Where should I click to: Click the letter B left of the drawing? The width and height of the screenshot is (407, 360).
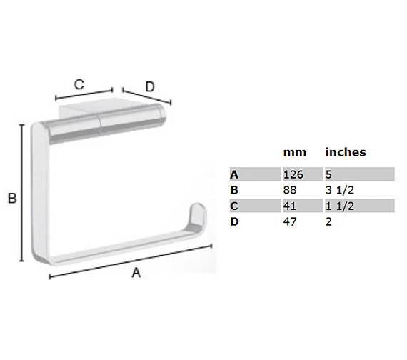point(12,200)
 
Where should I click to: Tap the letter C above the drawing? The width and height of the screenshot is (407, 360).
point(79,84)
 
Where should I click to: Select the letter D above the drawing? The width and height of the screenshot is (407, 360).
point(149,86)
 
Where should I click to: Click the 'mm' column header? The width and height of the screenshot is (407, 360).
point(294,152)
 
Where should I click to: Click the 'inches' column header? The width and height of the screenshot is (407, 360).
point(346,152)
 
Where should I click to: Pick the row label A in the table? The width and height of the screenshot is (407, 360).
point(234,174)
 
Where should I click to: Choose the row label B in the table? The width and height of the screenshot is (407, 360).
point(234,190)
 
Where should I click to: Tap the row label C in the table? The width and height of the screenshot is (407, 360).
point(234,206)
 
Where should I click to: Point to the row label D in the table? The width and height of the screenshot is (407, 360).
point(234,221)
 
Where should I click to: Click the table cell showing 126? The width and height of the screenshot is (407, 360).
point(293,174)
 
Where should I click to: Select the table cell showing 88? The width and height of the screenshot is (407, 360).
point(290,190)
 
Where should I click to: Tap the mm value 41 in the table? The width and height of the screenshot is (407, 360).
point(290,206)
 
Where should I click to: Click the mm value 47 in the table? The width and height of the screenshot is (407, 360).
point(290,221)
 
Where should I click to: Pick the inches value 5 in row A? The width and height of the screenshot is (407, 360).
point(329,174)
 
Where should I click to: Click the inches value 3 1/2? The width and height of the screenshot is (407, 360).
point(338,190)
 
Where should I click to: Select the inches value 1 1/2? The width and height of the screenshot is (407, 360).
point(338,206)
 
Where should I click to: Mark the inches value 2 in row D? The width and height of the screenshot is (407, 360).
point(329,221)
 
